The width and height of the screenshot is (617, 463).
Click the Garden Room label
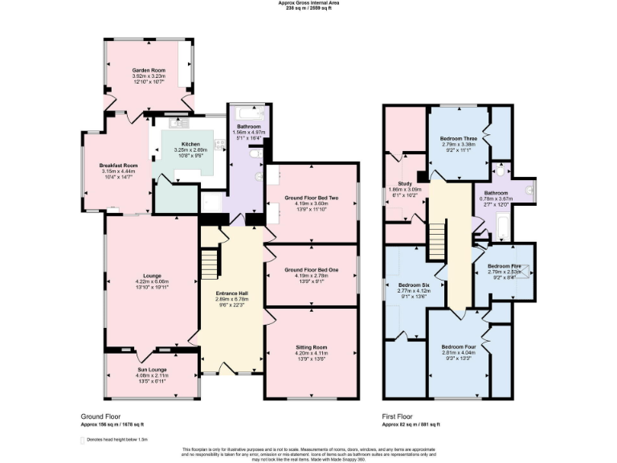(148, 70)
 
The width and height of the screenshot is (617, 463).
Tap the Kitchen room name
(190, 144)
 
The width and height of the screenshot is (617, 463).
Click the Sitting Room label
(311, 346)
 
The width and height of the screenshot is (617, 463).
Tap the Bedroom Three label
(459, 139)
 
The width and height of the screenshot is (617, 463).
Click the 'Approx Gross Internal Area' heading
(308, 3)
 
